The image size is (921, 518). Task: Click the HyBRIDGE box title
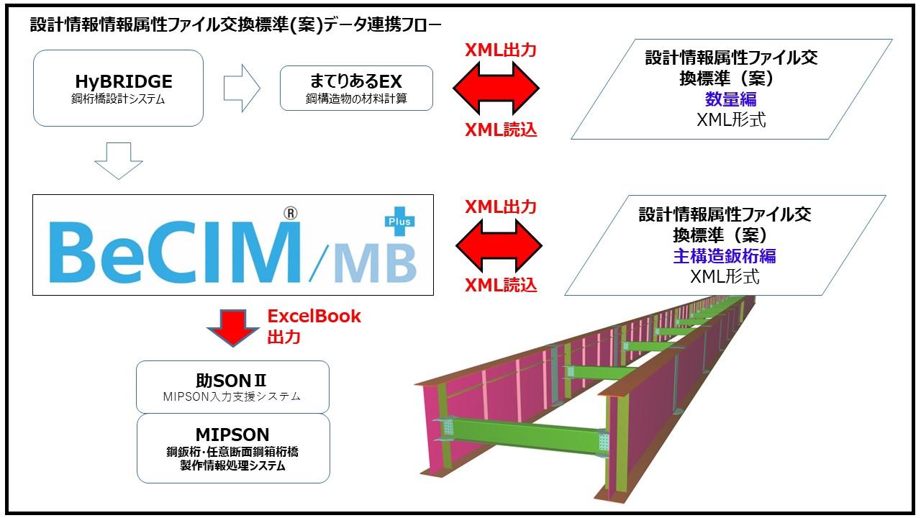click(124, 81)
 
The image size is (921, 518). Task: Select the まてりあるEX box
click(356, 88)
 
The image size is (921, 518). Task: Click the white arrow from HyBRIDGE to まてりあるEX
click(242, 88)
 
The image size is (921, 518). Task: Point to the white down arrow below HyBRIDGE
click(119, 160)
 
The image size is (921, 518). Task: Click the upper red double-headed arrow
click(496, 89)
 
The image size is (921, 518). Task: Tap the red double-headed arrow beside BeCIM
click(498, 245)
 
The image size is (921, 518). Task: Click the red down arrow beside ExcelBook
click(232, 327)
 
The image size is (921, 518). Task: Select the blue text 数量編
click(730, 99)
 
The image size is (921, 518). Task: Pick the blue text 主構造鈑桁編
click(725, 255)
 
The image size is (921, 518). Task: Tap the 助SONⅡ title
click(232, 380)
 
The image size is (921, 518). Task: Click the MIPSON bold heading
click(232, 435)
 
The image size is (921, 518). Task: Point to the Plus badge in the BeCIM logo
click(400, 221)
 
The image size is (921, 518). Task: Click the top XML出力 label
click(501, 50)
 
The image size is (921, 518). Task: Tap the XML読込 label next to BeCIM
click(501, 285)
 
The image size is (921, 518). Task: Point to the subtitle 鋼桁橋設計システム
click(118, 99)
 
